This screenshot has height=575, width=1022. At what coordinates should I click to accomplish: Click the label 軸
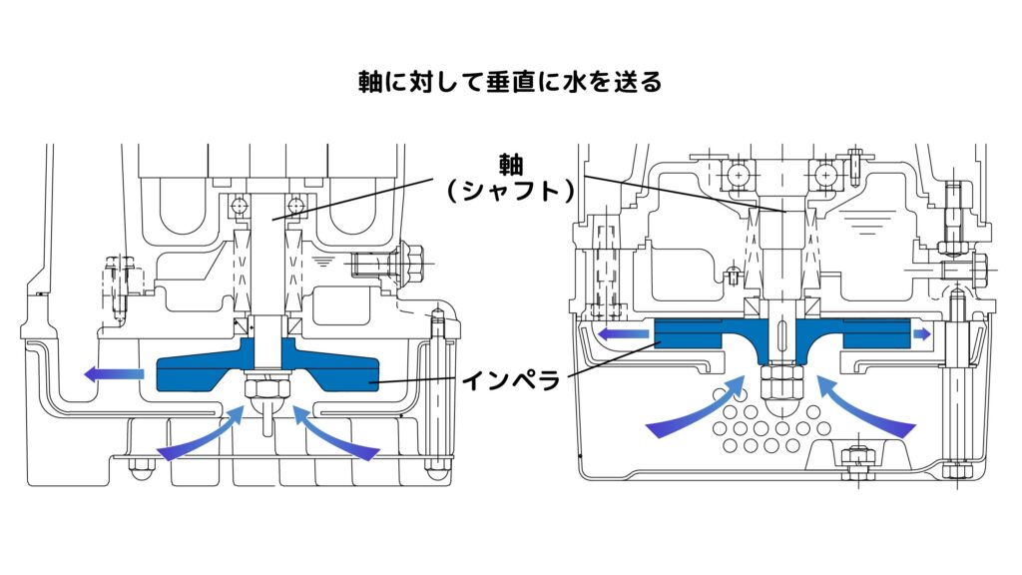(x=511, y=163)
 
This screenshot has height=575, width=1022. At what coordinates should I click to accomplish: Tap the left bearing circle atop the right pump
(x=739, y=175)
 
